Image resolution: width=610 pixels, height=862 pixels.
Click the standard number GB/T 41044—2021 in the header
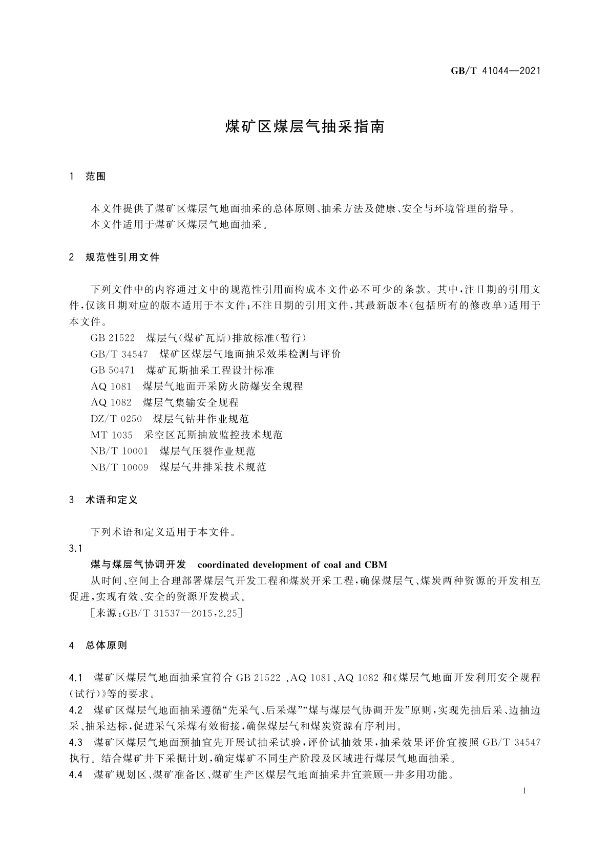point(496,71)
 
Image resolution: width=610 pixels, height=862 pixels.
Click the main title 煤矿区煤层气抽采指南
point(305,127)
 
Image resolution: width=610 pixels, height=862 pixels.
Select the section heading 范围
point(96,177)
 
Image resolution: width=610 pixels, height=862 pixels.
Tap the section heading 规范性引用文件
point(122,257)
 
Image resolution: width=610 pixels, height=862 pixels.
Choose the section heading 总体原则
point(106,645)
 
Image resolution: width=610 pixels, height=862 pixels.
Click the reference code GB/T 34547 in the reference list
point(119,354)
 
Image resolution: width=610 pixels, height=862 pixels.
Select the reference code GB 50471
point(113,370)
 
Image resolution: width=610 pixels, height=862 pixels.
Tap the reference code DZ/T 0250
point(116,419)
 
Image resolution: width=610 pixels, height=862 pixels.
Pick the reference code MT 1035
point(112,435)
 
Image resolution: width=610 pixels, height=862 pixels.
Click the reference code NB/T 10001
point(119,451)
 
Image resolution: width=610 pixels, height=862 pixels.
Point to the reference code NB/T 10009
point(119,467)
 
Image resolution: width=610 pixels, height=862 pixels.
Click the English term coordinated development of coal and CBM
point(292,565)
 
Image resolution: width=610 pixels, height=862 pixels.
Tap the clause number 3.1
point(76,549)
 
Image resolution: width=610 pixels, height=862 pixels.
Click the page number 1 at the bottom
point(525,791)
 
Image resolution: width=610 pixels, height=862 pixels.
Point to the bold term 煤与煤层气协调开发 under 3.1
point(138,565)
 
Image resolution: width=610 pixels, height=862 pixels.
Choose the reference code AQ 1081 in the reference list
point(111,386)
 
